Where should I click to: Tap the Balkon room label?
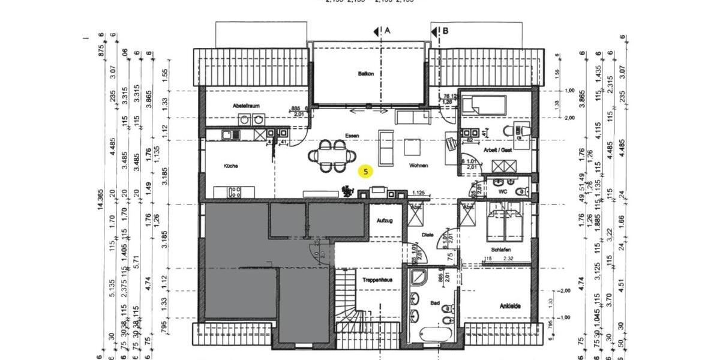pyautogui.click(x=366, y=74)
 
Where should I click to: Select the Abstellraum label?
pyautogui.click(x=247, y=106)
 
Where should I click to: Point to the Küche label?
pyautogui.click(x=232, y=166)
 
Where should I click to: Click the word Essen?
pyautogui.click(x=352, y=136)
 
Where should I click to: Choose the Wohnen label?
pyautogui.click(x=419, y=166)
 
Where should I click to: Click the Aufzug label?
pyautogui.click(x=385, y=221)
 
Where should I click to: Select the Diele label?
pyautogui.click(x=428, y=235)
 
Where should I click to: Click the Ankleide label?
pyautogui.click(x=510, y=306)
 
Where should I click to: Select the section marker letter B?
pyautogui.click(x=445, y=30)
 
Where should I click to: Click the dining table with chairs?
pyautogui.click(x=331, y=156)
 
